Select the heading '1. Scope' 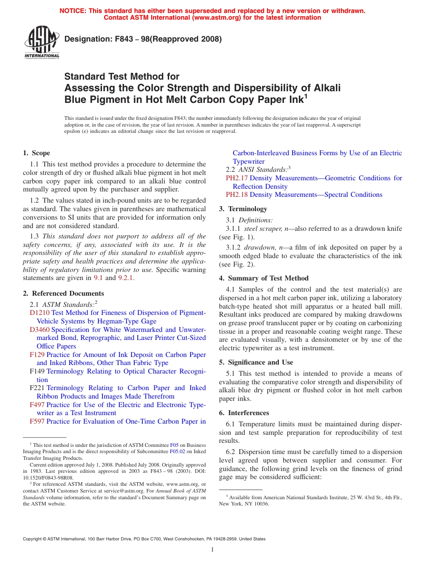(x=37, y=153)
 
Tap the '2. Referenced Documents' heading (x=64, y=293)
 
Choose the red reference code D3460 (x=39, y=330)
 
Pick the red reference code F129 (x=37, y=355)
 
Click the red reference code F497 (x=37, y=405)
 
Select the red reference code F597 (x=37, y=421)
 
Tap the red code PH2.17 (x=237, y=178)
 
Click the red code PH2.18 (x=237, y=195)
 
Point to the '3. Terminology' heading (x=243, y=209)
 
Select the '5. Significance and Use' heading (x=256, y=362)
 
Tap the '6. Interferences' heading (x=244, y=413)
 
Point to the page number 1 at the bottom (x=212, y=549)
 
